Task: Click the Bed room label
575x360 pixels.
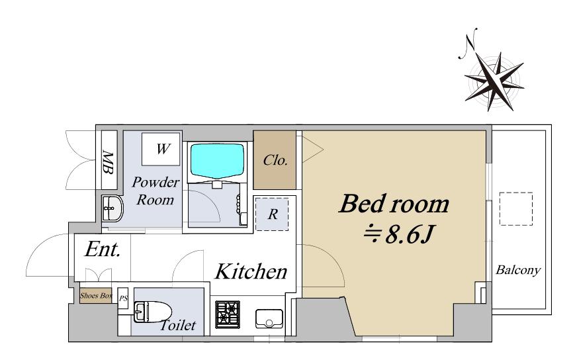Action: pos(394,204)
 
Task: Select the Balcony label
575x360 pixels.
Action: pos(518,270)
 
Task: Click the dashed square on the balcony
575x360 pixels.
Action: pos(516,208)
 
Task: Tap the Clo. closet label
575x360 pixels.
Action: pos(275,160)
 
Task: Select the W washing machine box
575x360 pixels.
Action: pos(161,149)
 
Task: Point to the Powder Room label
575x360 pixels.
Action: pos(155,191)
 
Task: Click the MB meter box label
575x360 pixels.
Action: pos(108,162)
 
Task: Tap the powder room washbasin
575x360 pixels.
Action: pos(112,208)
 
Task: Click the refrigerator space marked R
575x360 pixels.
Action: pos(272,214)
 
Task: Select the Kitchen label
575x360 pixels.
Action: pos(251,271)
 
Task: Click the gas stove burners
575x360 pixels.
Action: pos(228,314)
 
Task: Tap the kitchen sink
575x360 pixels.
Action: pos(269,318)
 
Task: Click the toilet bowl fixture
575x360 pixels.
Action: pos(153,312)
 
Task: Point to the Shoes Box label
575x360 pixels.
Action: pos(96,296)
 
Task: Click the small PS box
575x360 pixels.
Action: pos(123,298)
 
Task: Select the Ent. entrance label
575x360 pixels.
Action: pos(103,249)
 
